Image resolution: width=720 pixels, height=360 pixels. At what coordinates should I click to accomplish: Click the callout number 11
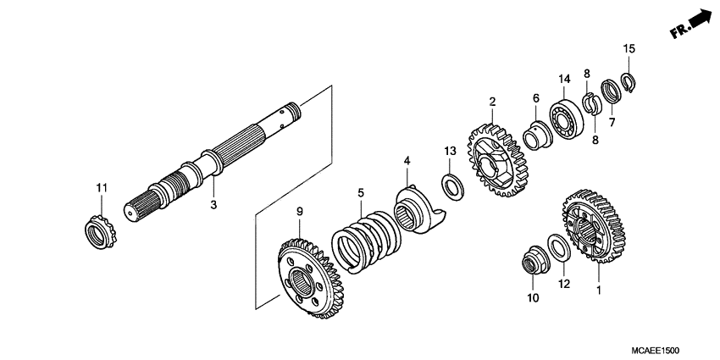click(102, 187)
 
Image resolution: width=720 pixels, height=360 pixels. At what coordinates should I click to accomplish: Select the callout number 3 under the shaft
click(213, 205)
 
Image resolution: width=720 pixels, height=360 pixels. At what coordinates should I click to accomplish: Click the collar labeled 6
click(535, 135)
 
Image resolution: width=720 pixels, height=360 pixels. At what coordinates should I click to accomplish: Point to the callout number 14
click(564, 80)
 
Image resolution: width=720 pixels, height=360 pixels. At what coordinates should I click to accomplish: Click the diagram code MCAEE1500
click(661, 349)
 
